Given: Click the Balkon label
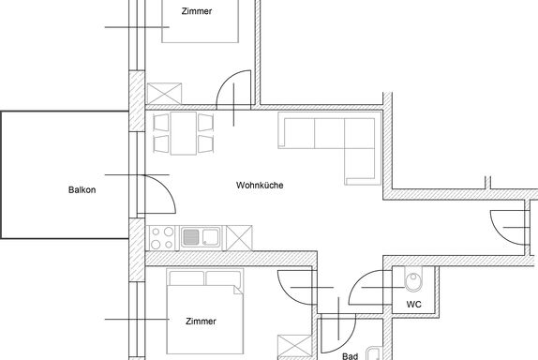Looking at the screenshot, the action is click(82, 189).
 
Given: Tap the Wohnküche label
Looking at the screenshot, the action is click(260, 185).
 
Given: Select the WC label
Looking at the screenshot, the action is click(413, 305).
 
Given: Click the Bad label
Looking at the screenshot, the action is click(350, 356).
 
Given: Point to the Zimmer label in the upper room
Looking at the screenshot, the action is click(197, 11).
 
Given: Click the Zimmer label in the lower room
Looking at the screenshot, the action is click(201, 322).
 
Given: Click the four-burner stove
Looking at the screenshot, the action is click(162, 238).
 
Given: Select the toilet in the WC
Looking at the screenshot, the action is click(413, 278).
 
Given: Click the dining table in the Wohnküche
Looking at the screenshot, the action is click(184, 133).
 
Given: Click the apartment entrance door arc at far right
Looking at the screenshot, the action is click(499, 234).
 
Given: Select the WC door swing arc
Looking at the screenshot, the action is click(359, 280).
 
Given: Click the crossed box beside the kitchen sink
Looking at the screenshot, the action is click(239, 238).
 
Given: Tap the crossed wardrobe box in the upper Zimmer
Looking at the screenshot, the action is click(164, 94).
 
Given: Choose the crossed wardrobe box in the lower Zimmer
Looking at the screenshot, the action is click(294, 346).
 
